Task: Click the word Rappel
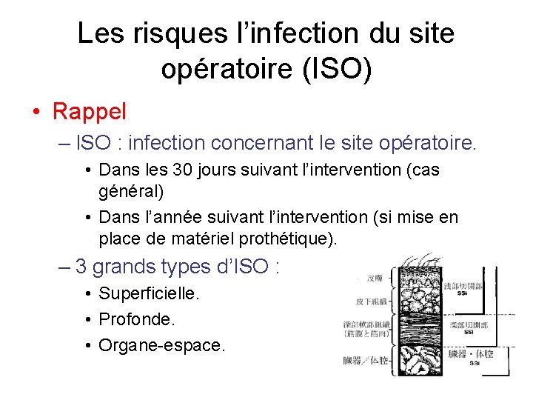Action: point(90,112)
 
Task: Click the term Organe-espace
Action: point(161,345)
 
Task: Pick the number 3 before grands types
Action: point(81,266)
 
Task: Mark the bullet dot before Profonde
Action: point(87,320)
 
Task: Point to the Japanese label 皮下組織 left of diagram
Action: point(368,301)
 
